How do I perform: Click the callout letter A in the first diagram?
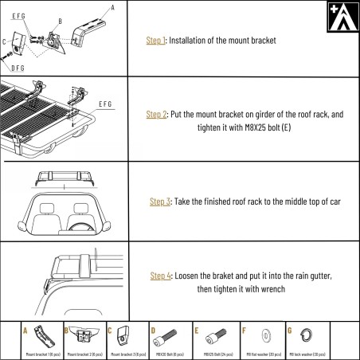tap(112, 7)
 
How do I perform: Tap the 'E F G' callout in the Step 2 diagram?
tap(104, 104)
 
